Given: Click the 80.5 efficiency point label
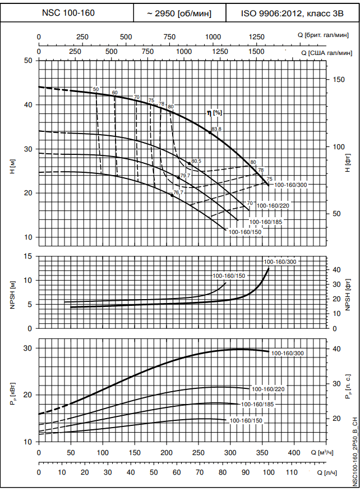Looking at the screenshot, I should coord(196,161).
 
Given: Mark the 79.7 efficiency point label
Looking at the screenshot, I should coord(186,176).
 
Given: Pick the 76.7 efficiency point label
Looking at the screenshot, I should coord(178,192).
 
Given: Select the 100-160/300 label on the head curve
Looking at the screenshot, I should coord(290,185).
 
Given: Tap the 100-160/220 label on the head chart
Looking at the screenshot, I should coord(273,206).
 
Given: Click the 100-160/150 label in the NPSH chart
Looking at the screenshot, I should coord(229,276).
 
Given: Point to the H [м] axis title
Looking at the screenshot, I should coord(12,167).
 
